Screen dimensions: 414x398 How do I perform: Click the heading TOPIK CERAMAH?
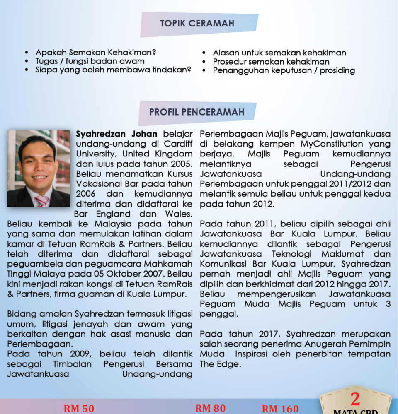point(197,24)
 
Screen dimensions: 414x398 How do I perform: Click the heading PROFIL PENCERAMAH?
point(197,112)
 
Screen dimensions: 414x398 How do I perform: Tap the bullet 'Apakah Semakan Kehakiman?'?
point(96,53)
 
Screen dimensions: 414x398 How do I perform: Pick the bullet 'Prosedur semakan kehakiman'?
point(271,62)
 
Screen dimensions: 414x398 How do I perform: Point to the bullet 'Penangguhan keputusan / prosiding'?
point(284,70)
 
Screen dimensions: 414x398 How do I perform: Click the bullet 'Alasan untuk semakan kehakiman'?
point(279,53)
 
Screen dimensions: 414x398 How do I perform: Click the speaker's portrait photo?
point(39,168)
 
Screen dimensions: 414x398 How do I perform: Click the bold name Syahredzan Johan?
point(116,134)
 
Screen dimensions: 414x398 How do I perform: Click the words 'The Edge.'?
point(220,364)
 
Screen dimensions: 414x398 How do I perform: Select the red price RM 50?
point(79,409)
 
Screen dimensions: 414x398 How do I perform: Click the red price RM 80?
point(210,408)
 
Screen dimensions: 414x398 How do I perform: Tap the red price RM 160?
point(280,409)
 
